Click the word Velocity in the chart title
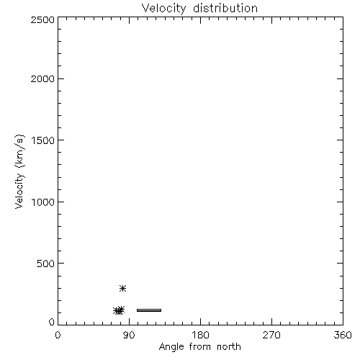[163, 9]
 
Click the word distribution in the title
[225, 9]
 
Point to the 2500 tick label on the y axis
[42, 19]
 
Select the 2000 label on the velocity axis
[42, 78]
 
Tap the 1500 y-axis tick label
[43, 140]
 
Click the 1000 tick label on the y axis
[43, 202]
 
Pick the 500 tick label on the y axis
[46, 264]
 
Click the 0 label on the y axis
[52, 322]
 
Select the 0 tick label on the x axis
[58, 335]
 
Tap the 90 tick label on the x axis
[129, 335]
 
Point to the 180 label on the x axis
[200, 335]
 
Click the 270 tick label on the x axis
[271, 335]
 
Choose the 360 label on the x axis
[343, 335]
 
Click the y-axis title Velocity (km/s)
[19, 171]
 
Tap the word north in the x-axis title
[229, 347]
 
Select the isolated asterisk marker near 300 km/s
[122, 288]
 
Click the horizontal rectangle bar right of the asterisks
[149, 310]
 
